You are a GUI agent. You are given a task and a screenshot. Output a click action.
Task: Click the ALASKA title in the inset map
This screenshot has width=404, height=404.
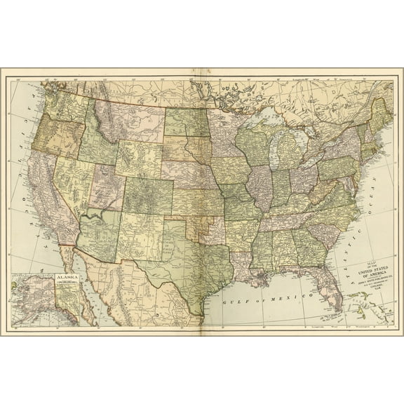(x=68, y=278)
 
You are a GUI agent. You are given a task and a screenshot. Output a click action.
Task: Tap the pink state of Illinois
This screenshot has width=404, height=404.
(x=261, y=187)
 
